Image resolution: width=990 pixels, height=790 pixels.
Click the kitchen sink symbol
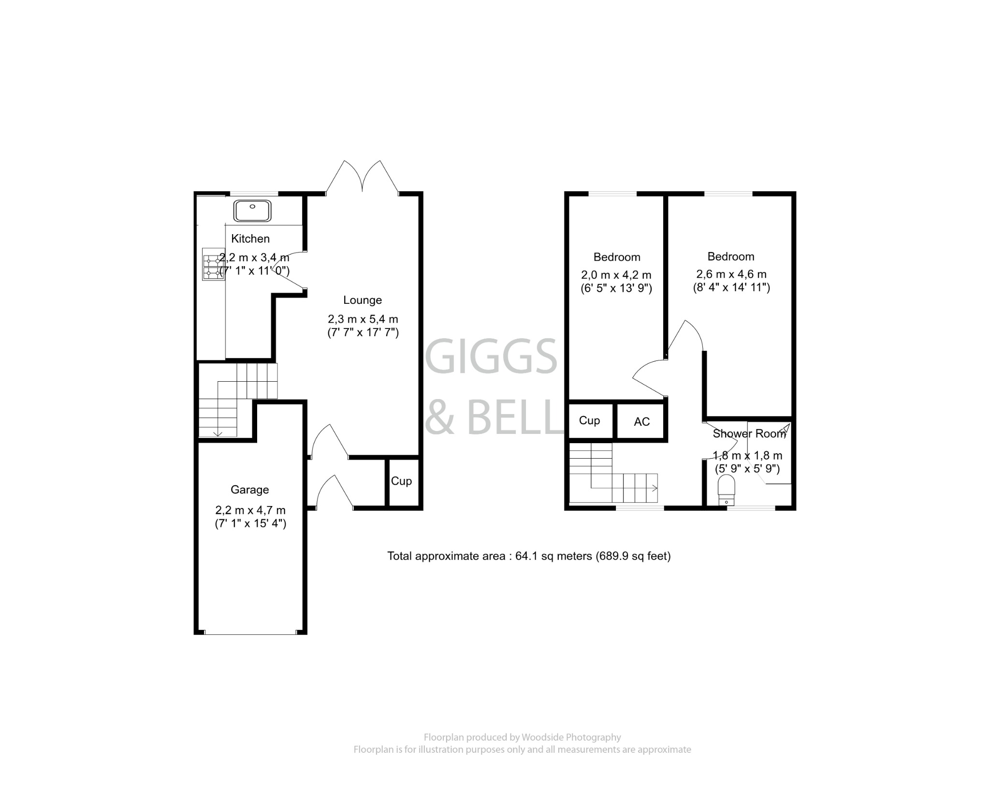(252, 211)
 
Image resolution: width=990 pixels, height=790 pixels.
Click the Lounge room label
(362, 300)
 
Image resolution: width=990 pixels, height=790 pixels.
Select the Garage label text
(249, 490)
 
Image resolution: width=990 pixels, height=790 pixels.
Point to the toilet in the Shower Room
(726, 489)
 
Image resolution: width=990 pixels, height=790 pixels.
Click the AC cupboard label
(641, 422)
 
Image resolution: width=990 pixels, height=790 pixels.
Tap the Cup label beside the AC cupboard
(589, 420)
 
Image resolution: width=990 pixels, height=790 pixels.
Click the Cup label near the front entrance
(401, 481)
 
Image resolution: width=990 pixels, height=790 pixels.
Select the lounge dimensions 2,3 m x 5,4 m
(363, 319)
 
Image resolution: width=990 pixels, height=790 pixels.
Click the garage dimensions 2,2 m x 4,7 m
(250, 510)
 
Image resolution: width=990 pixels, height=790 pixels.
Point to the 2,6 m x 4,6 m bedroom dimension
(731, 274)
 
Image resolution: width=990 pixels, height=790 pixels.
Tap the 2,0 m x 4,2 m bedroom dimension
(616, 275)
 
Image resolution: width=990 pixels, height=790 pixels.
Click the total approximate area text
(529, 556)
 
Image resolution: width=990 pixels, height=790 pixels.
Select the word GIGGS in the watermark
(493, 357)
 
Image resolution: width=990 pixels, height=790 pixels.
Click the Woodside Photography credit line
(522, 737)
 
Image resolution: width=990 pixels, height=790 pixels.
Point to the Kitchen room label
(250, 238)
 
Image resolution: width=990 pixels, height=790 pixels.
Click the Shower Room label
(749, 433)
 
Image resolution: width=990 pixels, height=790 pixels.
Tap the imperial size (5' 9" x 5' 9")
(747, 468)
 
